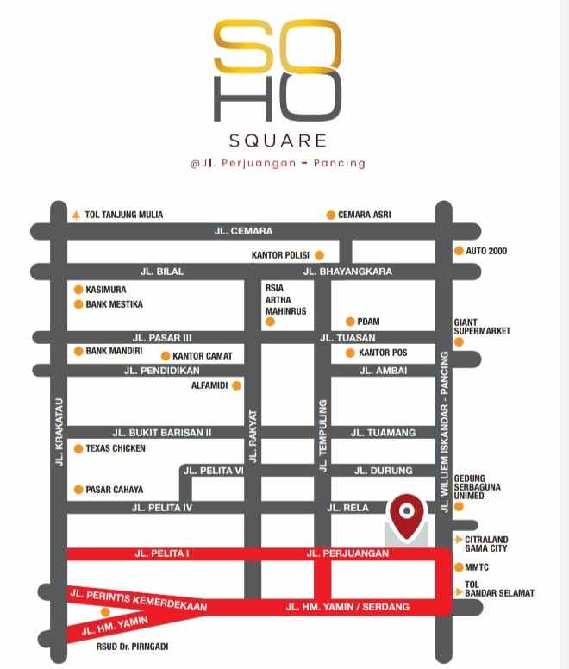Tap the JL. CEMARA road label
[243, 231]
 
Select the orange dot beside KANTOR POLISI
[319, 255]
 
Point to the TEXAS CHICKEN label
[116, 448]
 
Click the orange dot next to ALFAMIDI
[236, 386]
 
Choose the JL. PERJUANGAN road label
[347, 553]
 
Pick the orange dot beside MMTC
[459, 567]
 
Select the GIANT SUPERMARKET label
[482, 327]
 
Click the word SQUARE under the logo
[278, 140]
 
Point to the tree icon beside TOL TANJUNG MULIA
[76, 215]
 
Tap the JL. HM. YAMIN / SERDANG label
[347, 608]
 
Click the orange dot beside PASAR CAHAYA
[78, 490]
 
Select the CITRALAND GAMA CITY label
[488, 544]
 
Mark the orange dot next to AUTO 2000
[459, 251]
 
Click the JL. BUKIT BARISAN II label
[162, 432]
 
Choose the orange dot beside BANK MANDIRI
[78, 351]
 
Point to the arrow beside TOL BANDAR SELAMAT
[458, 592]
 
